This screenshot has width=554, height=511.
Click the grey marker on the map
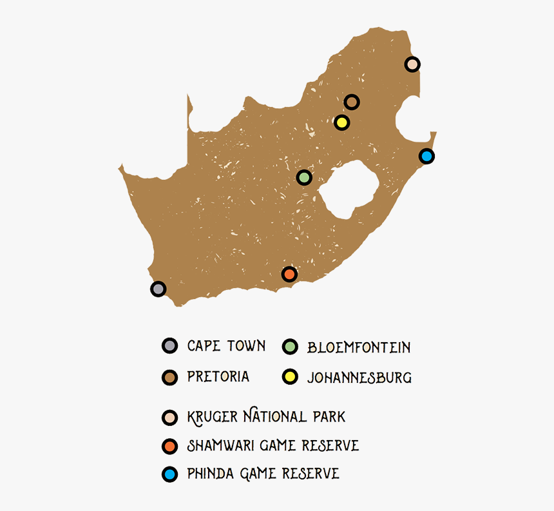click(x=158, y=289)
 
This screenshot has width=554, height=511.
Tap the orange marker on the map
click(x=289, y=275)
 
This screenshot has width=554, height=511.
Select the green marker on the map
click(x=304, y=177)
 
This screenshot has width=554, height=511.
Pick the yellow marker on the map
click(x=341, y=122)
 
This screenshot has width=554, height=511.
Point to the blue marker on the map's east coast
click(x=426, y=156)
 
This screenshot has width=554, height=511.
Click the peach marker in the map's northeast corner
click(x=412, y=64)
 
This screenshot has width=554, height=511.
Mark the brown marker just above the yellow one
click(x=351, y=102)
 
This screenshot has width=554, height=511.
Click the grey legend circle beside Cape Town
click(x=169, y=345)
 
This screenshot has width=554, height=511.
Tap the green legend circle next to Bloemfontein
click(x=291, y=347)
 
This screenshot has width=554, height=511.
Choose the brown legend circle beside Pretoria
click(x=169, y=377)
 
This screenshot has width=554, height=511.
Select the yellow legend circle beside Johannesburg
click(x=291, y=377)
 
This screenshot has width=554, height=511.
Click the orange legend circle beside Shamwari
click(x=169, y=445)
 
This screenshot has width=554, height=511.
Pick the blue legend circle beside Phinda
click(x=169, y=475)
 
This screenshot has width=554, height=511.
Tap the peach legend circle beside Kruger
click(x=169, y=417)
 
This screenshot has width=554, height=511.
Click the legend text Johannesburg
click(x=359, y=378)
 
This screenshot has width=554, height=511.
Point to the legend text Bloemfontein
click(x=359, y=347)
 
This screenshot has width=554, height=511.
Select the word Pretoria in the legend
click(x=218, y=376)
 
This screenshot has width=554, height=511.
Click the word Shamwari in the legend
click(x=212, y=445)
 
